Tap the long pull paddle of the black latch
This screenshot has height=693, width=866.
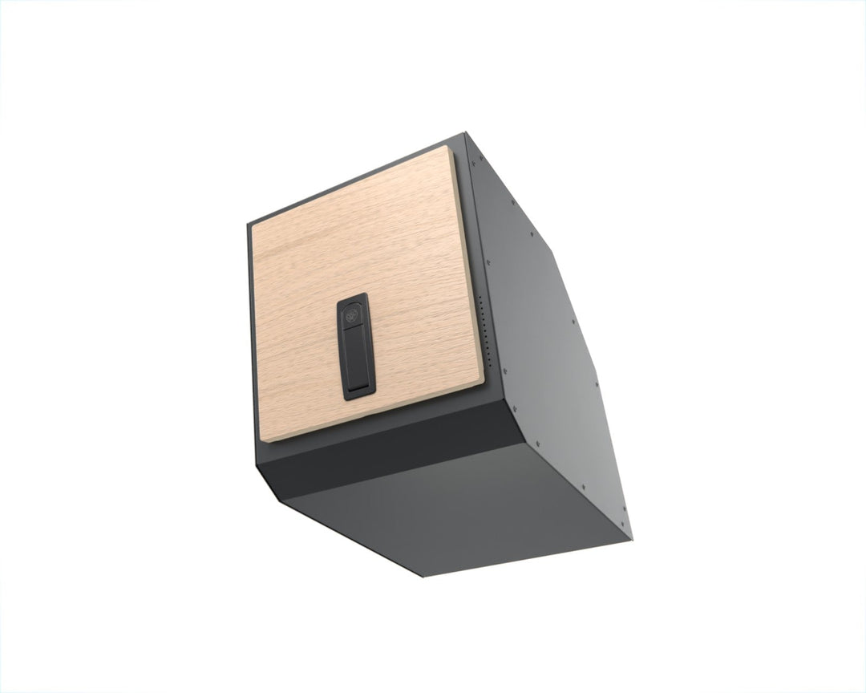click(357, 353)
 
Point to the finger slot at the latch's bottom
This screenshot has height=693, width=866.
click(359, 389)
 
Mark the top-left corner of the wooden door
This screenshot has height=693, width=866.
click(253, 224)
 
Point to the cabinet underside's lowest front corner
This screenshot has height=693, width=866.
click(423, 576)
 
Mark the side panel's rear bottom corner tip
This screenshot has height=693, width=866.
click(631, 538)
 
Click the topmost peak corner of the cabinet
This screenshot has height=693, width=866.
click(465, 135)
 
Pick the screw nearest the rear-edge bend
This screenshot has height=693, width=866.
click(531, 235)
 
